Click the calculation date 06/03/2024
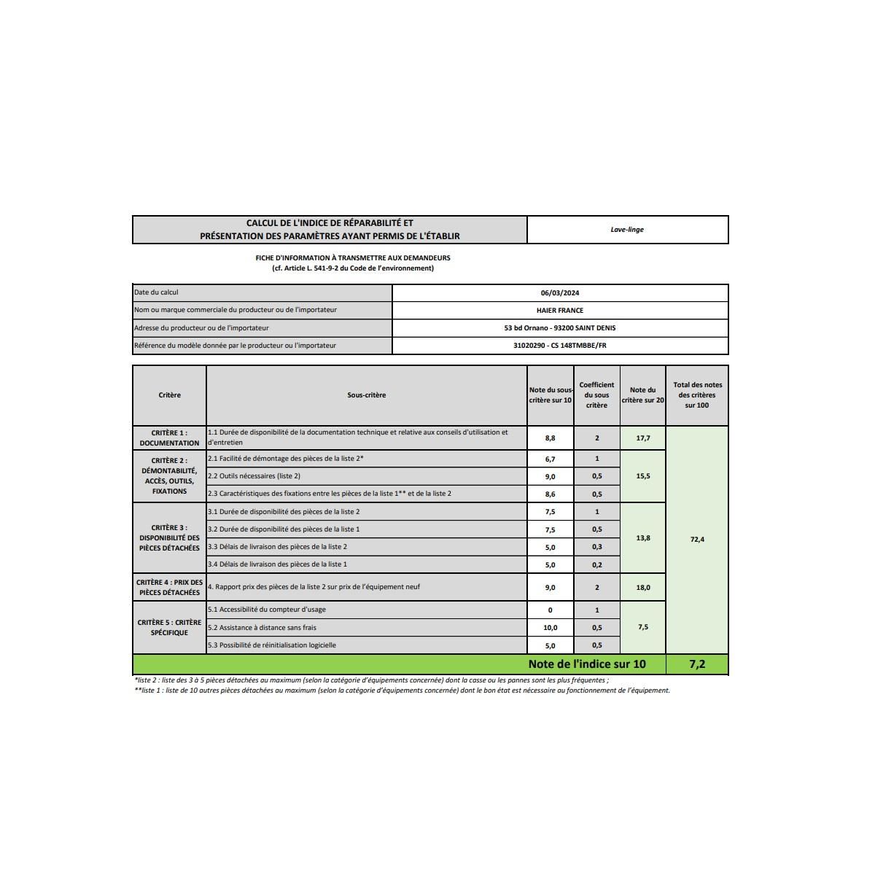point(560,293)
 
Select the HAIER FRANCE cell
point(560,311)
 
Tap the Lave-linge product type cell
point(627,230)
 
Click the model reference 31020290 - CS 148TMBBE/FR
point(560,346)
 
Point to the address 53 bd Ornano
point(560,328)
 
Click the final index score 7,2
point(697,664)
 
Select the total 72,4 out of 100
point(697,540)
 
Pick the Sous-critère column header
point(367,395)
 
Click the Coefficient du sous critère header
point(596,395)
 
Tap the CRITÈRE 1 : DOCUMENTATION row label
point(169,438)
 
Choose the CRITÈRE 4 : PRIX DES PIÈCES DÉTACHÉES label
point(169,588)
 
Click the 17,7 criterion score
point(643,438)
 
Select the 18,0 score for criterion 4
point(643,588)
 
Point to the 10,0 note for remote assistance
point(550,628)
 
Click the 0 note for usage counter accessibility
point(550,610)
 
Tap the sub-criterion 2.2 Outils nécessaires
point(254,476)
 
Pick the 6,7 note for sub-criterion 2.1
point(550,459)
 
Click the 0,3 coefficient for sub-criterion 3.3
point(596,547)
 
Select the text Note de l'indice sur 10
point(587,664)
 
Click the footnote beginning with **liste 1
point(401,691)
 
